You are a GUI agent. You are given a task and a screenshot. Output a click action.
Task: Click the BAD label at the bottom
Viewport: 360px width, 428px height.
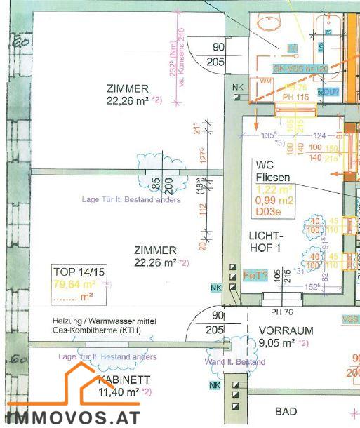(286, 411)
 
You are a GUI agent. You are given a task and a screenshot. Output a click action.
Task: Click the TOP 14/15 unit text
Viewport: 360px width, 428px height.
(77, 272)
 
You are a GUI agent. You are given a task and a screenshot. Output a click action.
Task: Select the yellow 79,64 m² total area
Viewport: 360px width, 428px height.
(75, 284)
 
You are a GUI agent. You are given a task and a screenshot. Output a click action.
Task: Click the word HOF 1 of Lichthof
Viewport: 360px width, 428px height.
(261, 248)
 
